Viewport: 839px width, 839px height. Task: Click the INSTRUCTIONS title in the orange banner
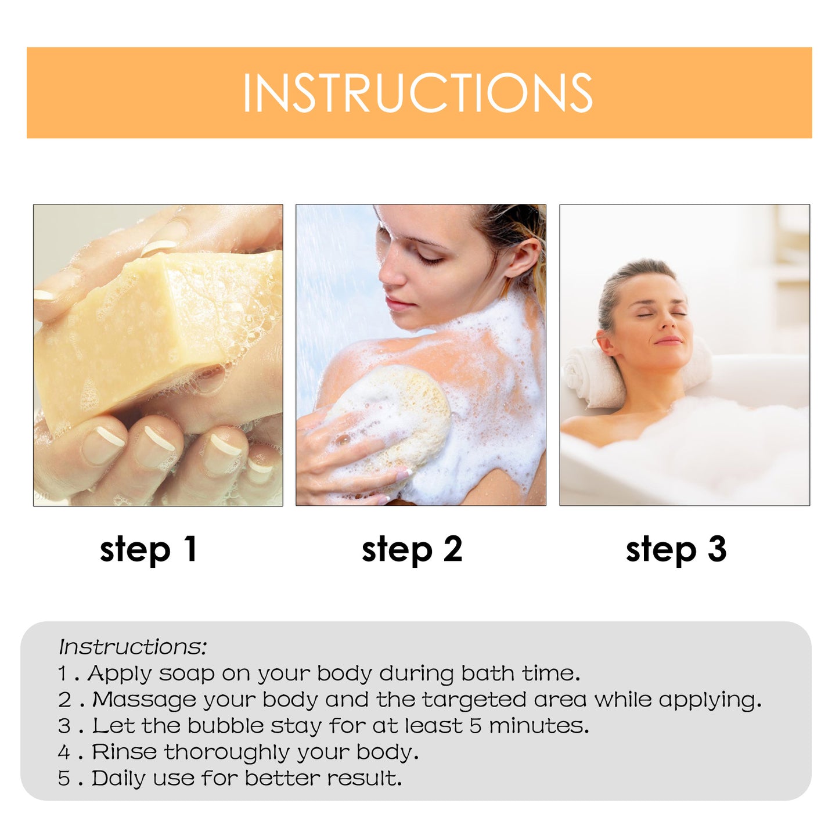pyautogui.click(x=417, y=93)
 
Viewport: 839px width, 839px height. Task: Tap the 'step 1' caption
pyautogui.click(x=149, y=549)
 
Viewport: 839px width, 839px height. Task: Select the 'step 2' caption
pyautogui.click(x=412, y=549)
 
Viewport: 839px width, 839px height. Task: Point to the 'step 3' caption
pyautogui.click(x=676, y=549)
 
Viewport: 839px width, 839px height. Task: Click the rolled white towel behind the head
pyautogui.click(x=589, y=377)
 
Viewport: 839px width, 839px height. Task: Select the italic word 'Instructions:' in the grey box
pyautogui.click(x=132, y=647)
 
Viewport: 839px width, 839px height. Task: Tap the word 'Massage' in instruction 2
pyautogui.click(x=144, y=700)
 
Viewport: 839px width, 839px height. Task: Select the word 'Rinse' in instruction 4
pyautogui.click(x=124, y=752)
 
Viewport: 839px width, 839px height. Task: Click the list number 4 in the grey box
pyautogui.click(x=64, y=752)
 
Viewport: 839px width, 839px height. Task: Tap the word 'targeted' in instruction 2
pyautogui.click(x=474, y=700)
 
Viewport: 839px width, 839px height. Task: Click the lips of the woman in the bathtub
pyautogui.click(x=668, y=341)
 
